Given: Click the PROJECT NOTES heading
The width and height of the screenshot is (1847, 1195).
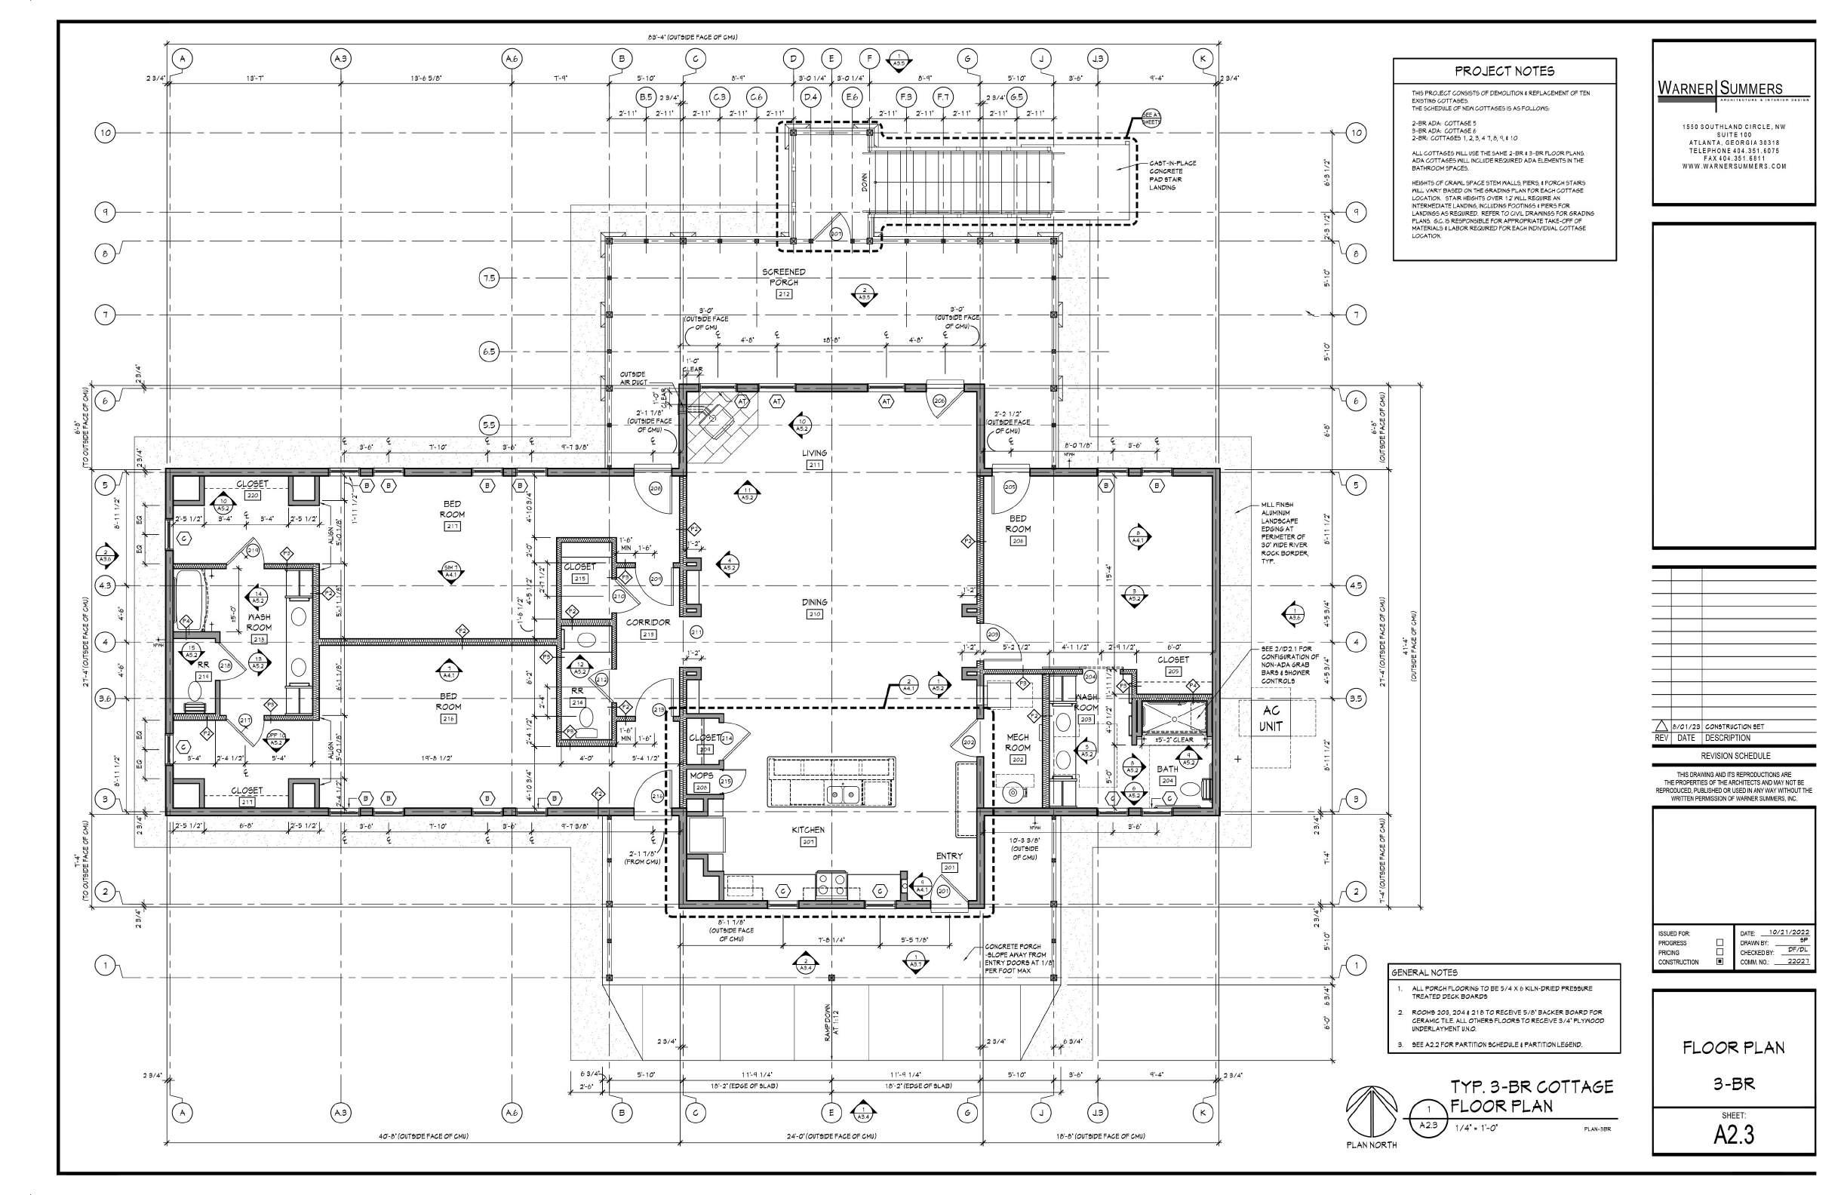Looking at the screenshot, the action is [x=1504, y=72].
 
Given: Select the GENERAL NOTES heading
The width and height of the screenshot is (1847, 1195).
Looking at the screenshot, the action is [x=1424, y=972].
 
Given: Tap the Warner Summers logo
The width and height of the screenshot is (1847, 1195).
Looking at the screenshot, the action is [x=1720, y=90].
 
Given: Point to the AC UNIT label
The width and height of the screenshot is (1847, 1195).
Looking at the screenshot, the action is [x=1271, y=719].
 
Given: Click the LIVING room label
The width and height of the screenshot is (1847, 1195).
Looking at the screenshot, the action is [x=815, y=453].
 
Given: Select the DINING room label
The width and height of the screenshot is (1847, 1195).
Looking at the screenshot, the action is [x=815, y=602].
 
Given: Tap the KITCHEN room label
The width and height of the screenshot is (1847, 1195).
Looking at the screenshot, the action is [x=808, y=830].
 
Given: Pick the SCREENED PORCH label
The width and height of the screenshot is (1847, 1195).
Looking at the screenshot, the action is [x=783, y=277].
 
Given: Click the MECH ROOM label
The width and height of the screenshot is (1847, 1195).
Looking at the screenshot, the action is [x=1017, y=742].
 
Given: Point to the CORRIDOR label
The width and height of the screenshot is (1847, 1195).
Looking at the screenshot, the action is [x=648, y=622].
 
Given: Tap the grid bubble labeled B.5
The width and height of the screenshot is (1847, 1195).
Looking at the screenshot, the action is [x=646, y=98].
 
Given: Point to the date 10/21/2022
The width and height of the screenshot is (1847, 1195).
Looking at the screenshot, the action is [x=1784, y=932].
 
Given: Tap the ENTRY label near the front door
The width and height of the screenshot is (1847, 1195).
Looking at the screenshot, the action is [x=949, y=856].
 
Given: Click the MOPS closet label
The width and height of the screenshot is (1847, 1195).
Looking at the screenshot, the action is [x=701, y=775].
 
